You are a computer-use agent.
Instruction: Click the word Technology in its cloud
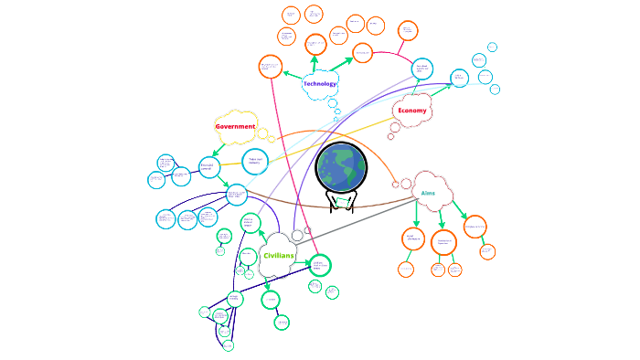(320, 84)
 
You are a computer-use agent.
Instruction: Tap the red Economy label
(412, 111)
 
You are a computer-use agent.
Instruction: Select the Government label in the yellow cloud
(235, 126)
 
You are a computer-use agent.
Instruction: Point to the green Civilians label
(278, 256)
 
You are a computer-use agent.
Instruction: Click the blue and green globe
(342, 167)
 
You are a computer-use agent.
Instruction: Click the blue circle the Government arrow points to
(209, 167)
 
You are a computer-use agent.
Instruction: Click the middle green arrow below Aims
(441, 217)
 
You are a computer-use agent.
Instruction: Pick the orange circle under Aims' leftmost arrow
(413, 239)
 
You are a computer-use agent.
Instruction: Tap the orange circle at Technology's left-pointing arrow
(271, 67)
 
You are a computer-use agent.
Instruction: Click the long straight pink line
(294, 164)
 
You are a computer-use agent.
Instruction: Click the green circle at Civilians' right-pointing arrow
(318, 265)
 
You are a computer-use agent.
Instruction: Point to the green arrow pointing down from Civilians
(268, 285)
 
